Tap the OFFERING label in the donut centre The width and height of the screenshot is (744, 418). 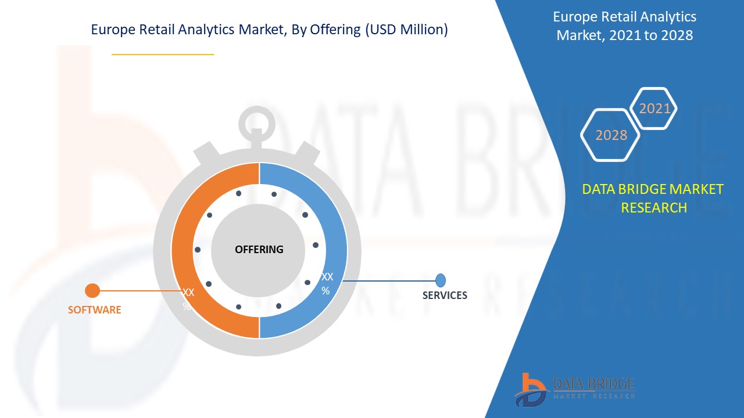point(259,250)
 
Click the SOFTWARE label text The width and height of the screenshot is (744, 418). point(95,310)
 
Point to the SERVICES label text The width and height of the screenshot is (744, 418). point(445,296)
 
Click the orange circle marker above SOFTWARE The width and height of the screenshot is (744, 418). point(92,290)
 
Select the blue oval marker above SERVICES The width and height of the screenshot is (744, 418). point(441,280)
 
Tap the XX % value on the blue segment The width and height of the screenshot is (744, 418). point(327,283)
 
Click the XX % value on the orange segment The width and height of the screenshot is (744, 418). point(188,298)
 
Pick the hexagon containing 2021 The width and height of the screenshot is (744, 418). point(654,109)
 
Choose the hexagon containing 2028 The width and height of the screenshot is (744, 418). point(611,135)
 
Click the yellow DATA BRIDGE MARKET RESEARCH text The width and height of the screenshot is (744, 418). point(653,198)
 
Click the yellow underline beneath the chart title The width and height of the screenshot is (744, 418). point(163,54)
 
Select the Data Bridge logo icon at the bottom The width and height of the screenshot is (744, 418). point(530,389)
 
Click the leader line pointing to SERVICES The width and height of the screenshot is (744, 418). point(389,281)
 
